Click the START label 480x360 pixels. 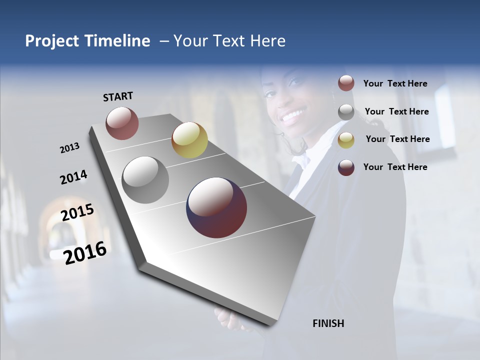pyautogui.click(x=118, y=96)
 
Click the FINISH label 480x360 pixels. pyautogui.click(x=328, y=323)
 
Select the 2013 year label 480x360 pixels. pyautogui.click(x=69, y=148)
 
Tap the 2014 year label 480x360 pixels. pyautogui.click(x=73, y=177)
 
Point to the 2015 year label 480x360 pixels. pyautogui.click(x=77, y=212)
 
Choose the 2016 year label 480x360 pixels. pyautogui.click(x=85, y=252)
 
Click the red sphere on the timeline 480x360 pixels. pyautogui.click(x=122, y=123)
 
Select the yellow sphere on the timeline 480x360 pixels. pyautogui.click(x=189, y=140)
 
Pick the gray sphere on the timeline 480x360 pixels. pyautogui.click(x=145, y=180)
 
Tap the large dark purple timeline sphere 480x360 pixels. pyautogui.click(x=216, y=207)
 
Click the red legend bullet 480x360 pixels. pyautogui.click(x=346, y=83)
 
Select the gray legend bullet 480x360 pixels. pyautogui.click(x=346, y=111)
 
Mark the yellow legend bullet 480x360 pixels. pyautogui.click(x=346, y=139)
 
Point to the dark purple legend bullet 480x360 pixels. pyautogui.click(x=346, y=167)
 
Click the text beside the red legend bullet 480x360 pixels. pyautogui.click(x=395, y=83)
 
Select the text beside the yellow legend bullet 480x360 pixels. pyautogui.click(x=397, y=139)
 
